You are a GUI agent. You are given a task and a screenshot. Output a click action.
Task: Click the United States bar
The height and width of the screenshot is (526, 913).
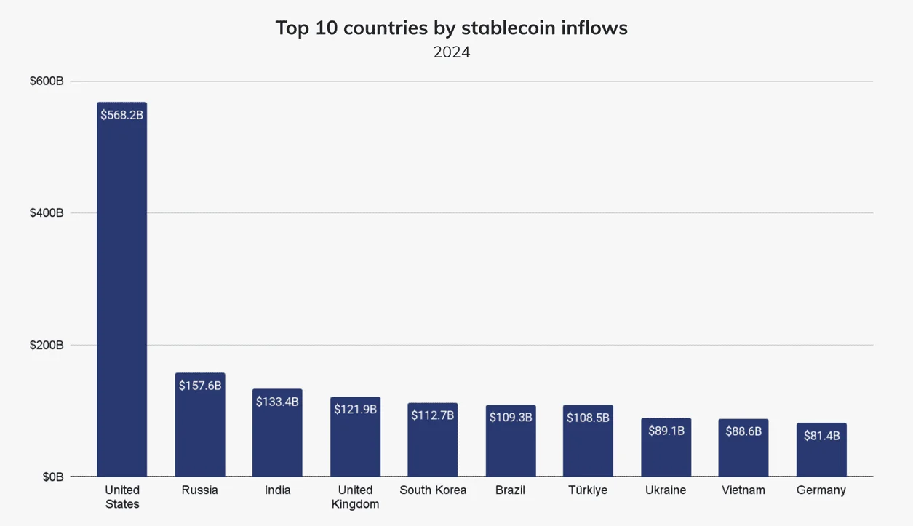(122, 289)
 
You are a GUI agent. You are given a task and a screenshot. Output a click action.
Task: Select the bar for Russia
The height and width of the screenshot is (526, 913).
(200, 424)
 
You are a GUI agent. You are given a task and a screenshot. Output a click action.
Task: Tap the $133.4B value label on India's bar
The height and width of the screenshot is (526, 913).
(277, 402)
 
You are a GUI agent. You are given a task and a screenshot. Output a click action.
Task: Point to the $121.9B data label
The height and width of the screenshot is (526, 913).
(356, 409)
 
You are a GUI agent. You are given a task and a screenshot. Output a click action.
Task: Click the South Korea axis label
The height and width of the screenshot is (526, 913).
(433, 490)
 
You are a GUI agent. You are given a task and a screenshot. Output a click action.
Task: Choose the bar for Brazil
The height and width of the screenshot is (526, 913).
(511, 440)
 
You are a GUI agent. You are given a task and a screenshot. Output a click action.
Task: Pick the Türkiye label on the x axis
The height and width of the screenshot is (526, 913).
(588, 490)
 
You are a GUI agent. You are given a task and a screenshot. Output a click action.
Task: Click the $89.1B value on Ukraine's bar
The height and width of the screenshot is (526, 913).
(666, 431)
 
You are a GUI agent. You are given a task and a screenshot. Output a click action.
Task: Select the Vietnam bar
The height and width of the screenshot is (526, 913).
(743, 447)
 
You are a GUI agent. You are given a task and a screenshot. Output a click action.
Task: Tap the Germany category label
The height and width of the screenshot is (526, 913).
(821, 490)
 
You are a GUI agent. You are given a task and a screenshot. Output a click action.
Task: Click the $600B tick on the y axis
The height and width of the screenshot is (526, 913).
(47, 81)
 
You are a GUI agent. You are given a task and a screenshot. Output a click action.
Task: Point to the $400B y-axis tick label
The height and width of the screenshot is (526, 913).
(47, 213)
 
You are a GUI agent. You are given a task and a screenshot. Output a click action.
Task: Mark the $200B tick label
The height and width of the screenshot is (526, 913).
(47, 345)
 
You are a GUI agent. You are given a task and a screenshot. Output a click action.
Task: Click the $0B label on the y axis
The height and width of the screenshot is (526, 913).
(53, 477)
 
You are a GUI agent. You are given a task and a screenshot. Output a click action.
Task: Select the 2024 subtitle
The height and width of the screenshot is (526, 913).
(452, 52)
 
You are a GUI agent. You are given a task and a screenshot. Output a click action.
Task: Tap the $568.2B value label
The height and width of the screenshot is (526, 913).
(122, 115)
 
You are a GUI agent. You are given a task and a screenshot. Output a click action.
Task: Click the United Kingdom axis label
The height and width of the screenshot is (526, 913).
(356, 497)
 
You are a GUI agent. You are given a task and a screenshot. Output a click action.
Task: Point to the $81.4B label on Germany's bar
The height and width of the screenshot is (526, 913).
(822, 436)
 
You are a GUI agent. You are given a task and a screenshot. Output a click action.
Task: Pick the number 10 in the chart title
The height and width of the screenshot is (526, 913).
(327, 28)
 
